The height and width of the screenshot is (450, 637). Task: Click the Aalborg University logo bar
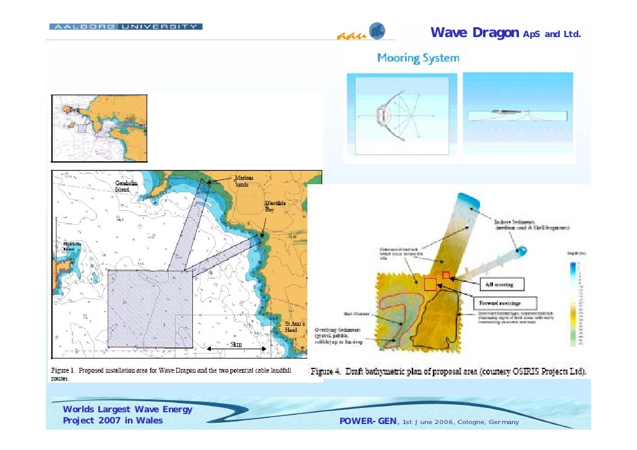coord(126,27)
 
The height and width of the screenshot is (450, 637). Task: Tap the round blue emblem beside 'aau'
coord(377,31)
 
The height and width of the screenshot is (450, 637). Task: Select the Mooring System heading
coord(418,59)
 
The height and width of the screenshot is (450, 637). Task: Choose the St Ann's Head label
coord(294,327)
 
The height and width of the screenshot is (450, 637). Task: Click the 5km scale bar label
coord(237,344)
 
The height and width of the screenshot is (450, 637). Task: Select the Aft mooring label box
coord(501,284)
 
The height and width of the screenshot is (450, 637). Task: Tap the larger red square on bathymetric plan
coord(430,284)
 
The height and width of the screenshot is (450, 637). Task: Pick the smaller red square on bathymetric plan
coord(445,274)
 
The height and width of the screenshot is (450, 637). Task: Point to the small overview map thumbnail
coord(99,127)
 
